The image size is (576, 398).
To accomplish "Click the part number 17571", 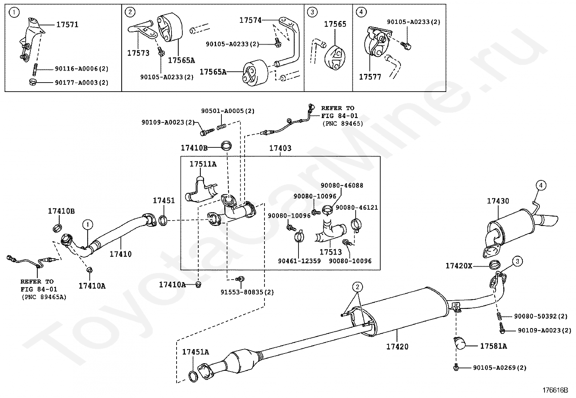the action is coord(67,25).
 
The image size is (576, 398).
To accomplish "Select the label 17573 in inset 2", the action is coord(138,53).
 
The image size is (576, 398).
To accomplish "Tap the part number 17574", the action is coord(250,20).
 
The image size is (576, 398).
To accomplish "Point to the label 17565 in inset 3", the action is coord(335,24).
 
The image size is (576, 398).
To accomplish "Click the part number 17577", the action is coord(370,77).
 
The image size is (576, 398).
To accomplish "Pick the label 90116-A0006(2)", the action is coord(81,69).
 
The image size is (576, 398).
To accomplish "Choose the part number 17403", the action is coord(280,148).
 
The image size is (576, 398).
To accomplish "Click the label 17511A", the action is coord(203,164).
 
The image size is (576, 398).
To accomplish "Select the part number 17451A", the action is coord(196,352).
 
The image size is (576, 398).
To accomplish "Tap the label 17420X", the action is coord(459,266).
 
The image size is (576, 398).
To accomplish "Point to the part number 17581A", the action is coord(494,346).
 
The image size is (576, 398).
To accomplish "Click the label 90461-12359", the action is coord(299,261).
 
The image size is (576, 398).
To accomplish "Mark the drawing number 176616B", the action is coord(555,390).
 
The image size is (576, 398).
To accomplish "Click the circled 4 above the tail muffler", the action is coord(541,185).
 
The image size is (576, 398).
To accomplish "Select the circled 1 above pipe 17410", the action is coord(88,225).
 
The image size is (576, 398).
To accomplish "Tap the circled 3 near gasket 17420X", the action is coord(517,261).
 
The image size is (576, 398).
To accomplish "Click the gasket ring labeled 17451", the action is coord(163,221).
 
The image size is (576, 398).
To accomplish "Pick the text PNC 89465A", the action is coord(44,297).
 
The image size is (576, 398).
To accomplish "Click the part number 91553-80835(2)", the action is coord(247,292).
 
